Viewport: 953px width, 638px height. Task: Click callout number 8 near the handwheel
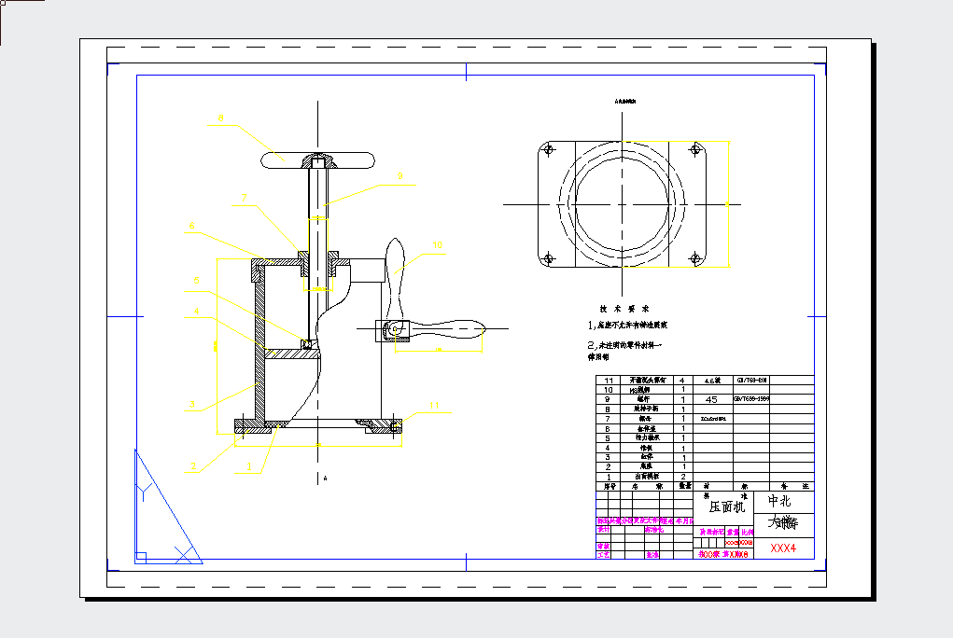coord(220,118)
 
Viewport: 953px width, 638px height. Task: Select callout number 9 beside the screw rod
coord(399,175)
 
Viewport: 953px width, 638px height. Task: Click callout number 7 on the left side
coord(244,198)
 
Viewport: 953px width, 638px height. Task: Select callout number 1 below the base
coord(248,465)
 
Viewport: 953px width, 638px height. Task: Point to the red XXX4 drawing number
coord(783,548)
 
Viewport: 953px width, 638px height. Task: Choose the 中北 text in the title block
coord(778,501)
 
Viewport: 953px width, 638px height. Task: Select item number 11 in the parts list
coord(610,381)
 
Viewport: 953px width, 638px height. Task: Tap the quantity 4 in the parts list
coord(682,381)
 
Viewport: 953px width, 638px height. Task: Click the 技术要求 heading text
coord(624,309)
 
